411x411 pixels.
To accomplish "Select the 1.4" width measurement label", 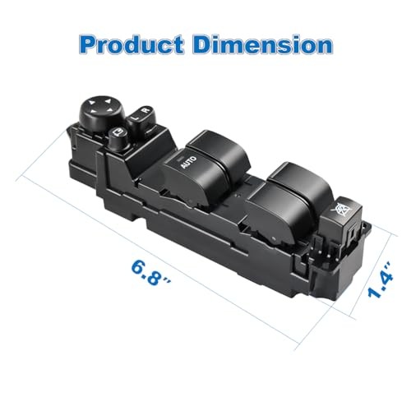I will click(379, 280).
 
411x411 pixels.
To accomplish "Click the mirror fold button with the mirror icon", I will click(118, 136).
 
